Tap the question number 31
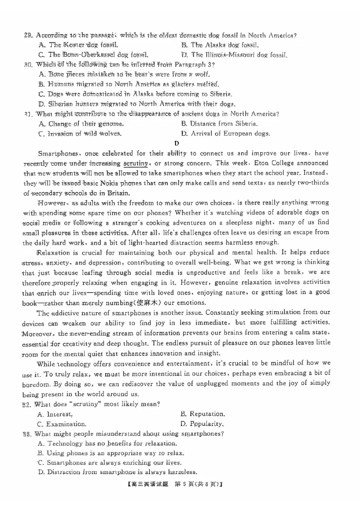coord(27,114)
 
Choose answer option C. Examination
coord(62,424)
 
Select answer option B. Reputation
coord(202,414)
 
